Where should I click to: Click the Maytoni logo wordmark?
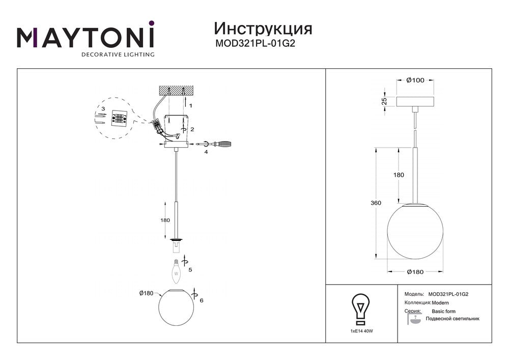point(86,37)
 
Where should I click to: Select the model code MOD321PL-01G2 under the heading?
point(256,43)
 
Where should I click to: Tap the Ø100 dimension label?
point(415,80)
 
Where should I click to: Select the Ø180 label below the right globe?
point(415,272)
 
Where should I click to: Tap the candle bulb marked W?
point(177,270)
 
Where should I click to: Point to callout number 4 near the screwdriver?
point(206,152)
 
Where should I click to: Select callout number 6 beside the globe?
point(202,300)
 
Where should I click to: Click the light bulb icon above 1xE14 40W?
point(361,309)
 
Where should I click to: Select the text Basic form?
point(443,311)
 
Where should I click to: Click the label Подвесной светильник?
point(455,319)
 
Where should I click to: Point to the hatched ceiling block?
point(175,90)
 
